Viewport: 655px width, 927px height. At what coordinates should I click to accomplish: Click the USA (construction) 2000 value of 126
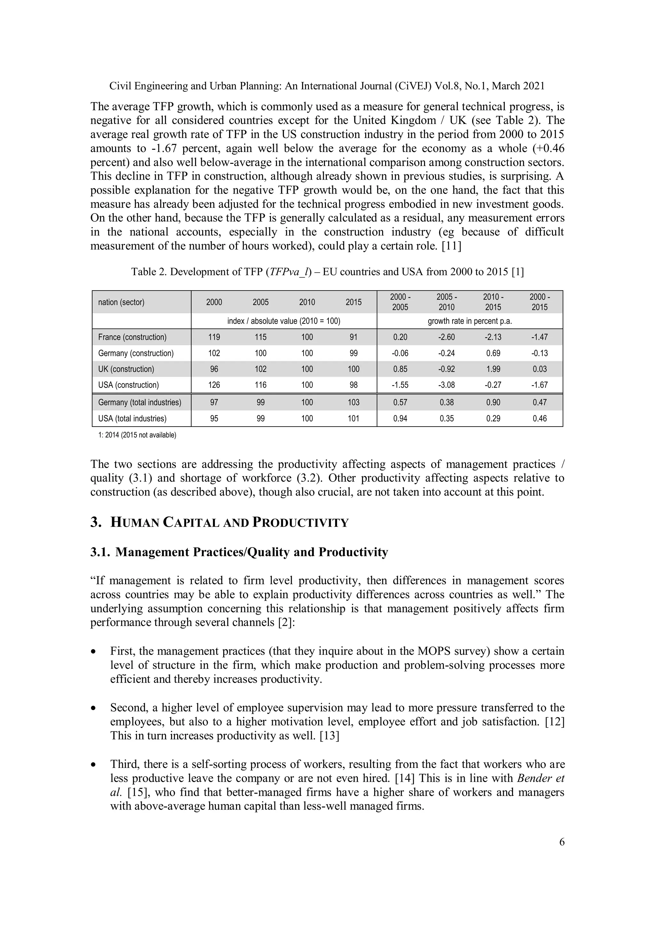point(214,385)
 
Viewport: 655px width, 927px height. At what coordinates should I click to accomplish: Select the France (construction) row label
point(132,337)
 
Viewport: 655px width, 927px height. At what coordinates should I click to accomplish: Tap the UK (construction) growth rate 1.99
point(493,369)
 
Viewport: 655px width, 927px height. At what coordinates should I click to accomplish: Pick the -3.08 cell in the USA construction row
point(446,385)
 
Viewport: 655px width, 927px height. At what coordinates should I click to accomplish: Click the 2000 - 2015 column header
point(539,302)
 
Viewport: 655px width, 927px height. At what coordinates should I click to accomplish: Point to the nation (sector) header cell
point(121,302)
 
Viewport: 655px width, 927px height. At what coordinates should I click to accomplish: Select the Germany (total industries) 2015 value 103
point(353,402)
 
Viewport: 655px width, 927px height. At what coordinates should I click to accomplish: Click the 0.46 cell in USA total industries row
point(539,418)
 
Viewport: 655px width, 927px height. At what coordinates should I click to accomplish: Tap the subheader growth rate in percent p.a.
point(470,321)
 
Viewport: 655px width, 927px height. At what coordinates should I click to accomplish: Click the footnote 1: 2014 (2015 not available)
point(137,435)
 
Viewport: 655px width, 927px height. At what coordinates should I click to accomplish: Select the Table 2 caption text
point(327,272)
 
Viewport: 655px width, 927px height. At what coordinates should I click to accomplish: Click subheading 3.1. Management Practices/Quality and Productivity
point(239,552)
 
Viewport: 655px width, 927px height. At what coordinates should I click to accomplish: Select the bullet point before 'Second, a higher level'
point(94,708)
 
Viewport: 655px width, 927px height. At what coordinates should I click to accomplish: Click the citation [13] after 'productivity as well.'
point(329,736)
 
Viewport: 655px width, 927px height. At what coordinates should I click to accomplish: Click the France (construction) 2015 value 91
point(353,337)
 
